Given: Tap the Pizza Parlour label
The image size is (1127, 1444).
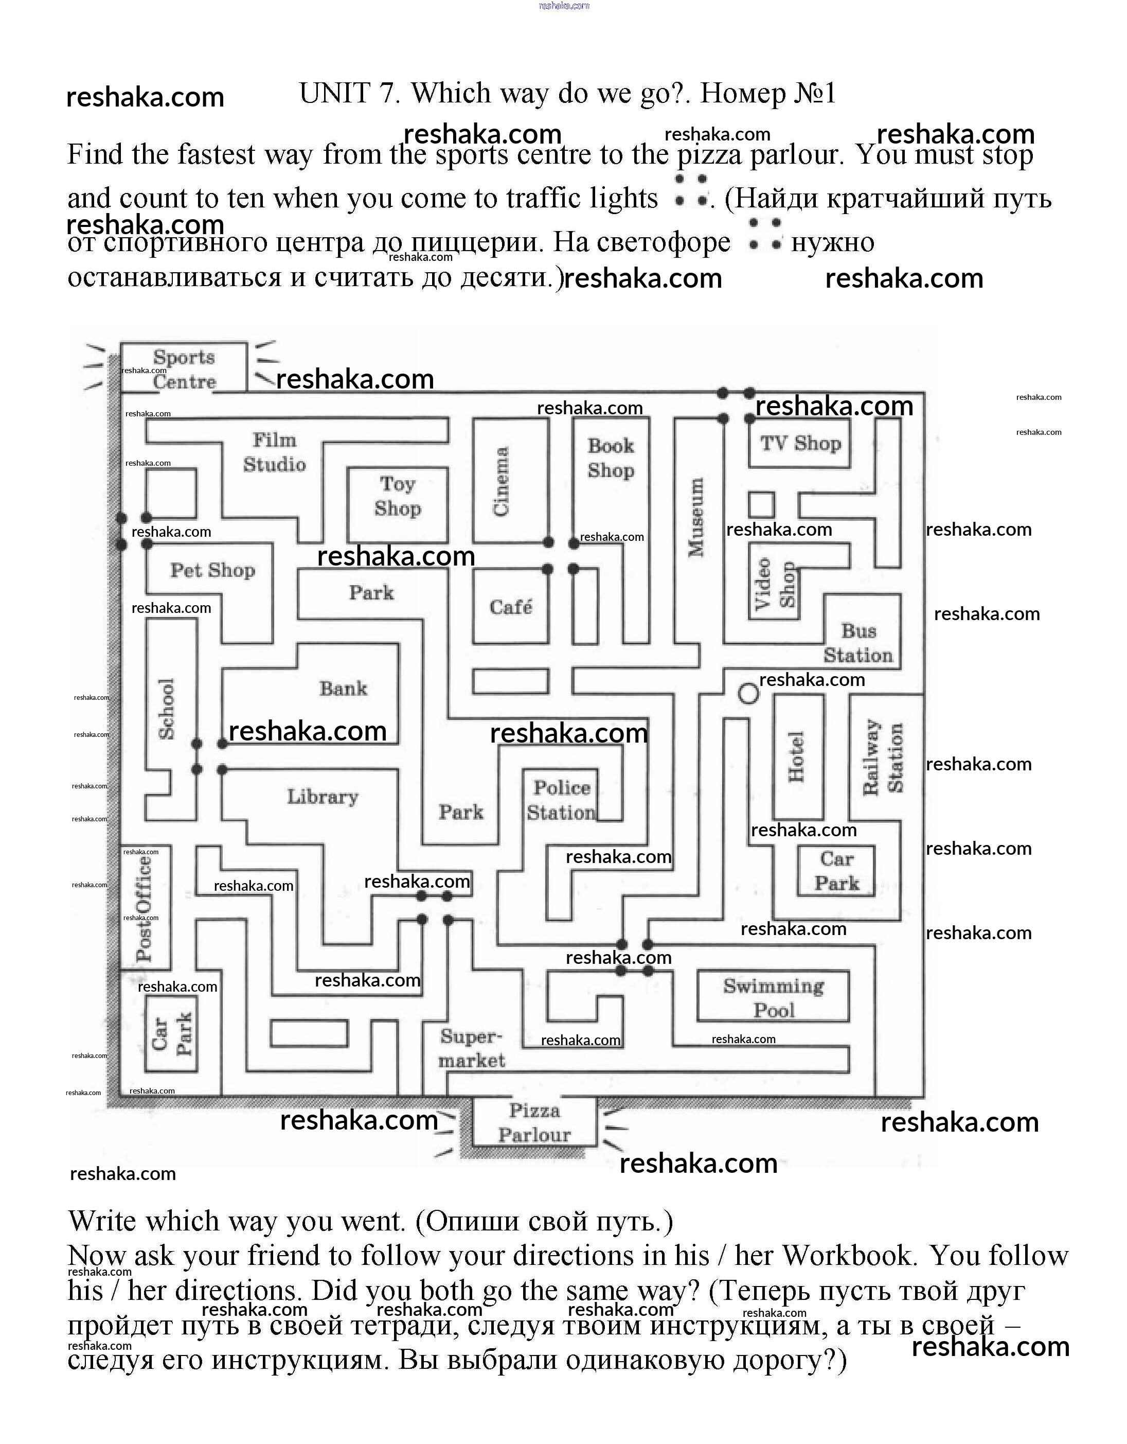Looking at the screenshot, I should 534,1123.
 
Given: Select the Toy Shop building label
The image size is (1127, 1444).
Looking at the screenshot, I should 397,496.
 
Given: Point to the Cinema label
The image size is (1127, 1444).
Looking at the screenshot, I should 501,481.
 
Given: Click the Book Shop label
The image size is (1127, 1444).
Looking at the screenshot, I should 611,457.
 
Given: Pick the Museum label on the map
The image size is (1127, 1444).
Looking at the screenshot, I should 696,517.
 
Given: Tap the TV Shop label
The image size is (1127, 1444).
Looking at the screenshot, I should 800,443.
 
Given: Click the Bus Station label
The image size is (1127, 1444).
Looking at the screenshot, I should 858,643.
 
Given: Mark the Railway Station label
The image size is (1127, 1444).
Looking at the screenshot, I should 883,757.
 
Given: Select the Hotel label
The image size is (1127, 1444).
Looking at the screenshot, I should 796,756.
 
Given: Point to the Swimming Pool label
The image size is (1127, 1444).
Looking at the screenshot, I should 774,998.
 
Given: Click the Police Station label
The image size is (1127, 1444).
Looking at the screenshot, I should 561,800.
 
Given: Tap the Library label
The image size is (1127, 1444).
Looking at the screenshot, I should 323,796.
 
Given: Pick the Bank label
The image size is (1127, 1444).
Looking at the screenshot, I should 343,688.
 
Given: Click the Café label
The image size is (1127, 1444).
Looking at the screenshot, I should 510,606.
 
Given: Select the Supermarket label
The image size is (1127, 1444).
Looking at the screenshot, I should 471,1048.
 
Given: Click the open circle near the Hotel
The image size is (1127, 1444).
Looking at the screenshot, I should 748,694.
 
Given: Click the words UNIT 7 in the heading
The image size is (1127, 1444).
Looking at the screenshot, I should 350,93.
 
